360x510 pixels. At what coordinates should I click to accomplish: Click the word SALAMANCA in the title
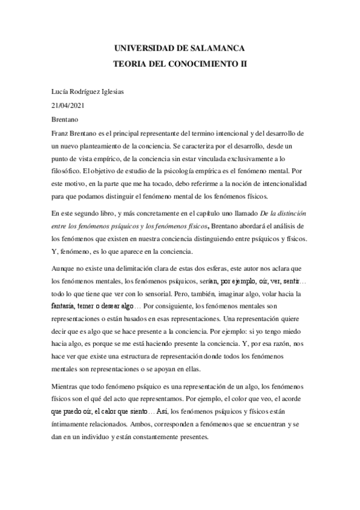pos(218,48)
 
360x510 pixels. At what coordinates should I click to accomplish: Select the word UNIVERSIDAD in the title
pos(139,48)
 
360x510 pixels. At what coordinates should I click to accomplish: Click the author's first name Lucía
pos(61,91)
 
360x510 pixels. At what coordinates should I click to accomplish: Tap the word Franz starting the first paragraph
pos(62,133)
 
